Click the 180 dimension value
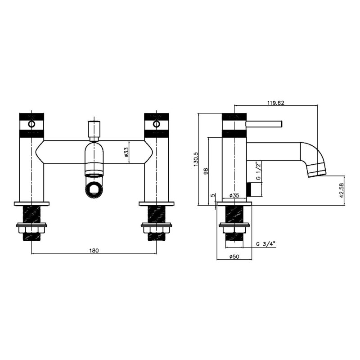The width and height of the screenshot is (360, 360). tap(94, 250)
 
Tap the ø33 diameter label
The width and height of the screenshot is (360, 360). tap(126, 152)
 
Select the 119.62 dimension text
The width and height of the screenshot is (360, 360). tap(275, 103)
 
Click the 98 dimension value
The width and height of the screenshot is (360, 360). tap(206, 171)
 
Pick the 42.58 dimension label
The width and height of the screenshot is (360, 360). tap(342, 190)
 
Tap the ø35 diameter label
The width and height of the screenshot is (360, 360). tap(234, 196)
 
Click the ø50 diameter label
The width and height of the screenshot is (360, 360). tap(234, 256)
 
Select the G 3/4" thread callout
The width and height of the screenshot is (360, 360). tap(266, 244)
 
